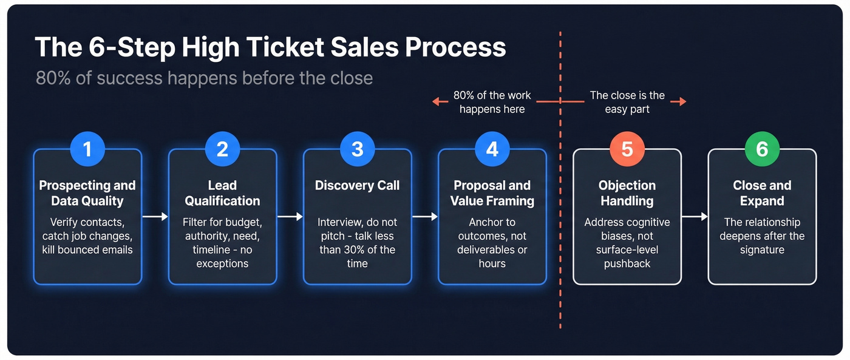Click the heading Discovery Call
pos(357,186)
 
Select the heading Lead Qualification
pos(222,193)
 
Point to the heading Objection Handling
pos(627,193)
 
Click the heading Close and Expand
pos(762,193)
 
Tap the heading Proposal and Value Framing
pos(492,193)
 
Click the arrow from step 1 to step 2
pos(155,217)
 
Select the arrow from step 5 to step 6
pos(695,217)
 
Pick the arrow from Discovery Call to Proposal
pos(425,217)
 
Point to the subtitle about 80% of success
pos(204,78)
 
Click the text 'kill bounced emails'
pos(87,250)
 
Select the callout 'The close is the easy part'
pos(627,102)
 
